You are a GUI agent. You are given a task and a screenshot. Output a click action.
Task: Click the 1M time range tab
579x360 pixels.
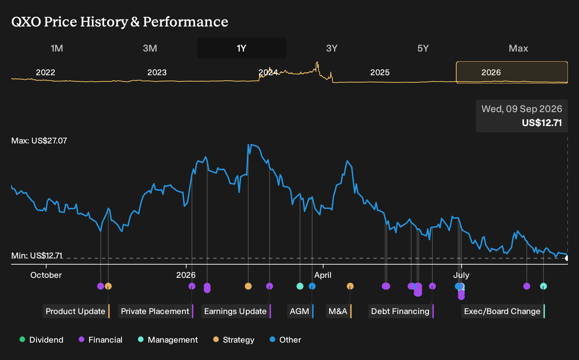click(57, 48)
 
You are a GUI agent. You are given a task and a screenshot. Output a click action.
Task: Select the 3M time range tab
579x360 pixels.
click(150, 48)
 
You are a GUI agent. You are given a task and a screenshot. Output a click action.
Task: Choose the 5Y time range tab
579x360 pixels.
click(423, 48)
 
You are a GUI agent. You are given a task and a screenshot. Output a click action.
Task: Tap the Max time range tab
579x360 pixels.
click(518, 48)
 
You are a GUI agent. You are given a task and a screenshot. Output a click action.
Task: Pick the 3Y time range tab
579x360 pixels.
click(332, 48)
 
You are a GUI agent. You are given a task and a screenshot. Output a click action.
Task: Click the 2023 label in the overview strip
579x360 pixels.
click(157, 72)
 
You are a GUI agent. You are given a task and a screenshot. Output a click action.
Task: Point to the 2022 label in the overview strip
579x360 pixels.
click(46, 72)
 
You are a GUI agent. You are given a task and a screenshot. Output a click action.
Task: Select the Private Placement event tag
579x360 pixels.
click(156, 311)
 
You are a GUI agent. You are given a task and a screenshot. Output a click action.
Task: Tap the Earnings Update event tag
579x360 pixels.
click(236, 311)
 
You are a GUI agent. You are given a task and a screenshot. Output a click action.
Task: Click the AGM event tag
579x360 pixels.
click(300, 311)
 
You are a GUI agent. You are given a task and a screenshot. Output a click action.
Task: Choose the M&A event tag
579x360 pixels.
click(339, 311)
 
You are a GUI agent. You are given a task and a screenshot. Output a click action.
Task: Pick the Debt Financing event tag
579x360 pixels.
click(401, 311)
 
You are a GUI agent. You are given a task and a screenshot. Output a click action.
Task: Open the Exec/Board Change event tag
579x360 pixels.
click(503, 311)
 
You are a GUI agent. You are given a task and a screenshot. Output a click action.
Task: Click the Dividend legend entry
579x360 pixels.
click(41, 339)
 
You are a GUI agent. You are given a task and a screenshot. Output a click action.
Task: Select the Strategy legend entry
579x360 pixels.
click(234, 339)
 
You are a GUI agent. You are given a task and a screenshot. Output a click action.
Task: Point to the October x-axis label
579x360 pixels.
click(46, 275)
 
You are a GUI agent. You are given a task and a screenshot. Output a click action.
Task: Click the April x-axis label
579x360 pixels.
click(323, 275)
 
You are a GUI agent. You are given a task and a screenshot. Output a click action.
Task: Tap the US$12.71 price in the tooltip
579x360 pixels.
click(542, 123)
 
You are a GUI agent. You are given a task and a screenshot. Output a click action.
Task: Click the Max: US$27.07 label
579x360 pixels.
click(39, 141)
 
